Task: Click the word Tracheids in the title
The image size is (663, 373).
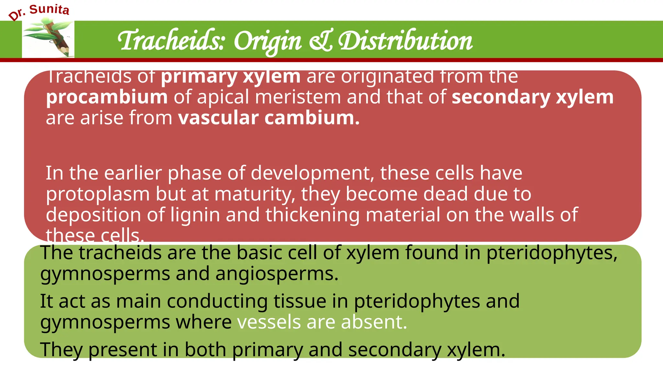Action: (171, 41)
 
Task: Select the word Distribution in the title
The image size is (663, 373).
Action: (405, 41)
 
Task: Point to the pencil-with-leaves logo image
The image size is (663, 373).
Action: (49, 38)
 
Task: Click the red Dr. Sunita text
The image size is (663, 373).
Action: (39, 11)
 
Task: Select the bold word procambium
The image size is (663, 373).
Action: (107, 97)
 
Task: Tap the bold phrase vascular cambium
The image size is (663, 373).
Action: (269, 118)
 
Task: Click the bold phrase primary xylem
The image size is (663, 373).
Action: (231, 77)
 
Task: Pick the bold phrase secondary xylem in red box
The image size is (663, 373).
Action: (532, 97)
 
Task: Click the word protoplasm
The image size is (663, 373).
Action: (97, 194)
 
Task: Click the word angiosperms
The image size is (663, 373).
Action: (277, 274)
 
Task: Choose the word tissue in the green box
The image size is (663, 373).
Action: (300, 301)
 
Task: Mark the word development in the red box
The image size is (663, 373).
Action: (310, 173)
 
